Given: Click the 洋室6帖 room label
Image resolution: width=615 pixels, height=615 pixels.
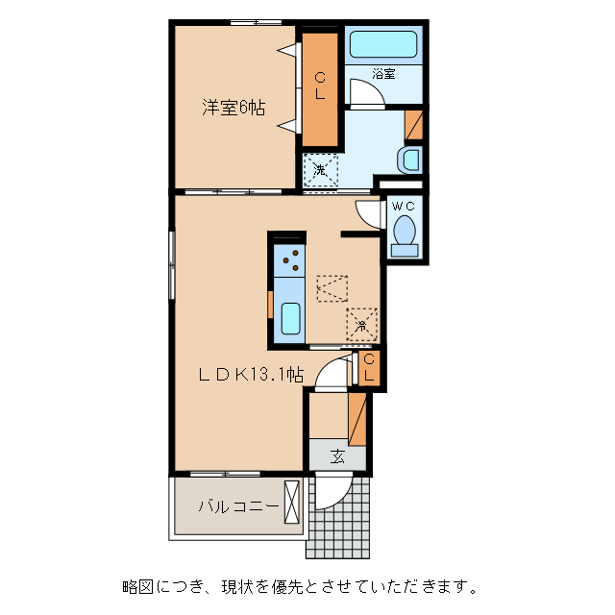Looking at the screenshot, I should tap(233, 109).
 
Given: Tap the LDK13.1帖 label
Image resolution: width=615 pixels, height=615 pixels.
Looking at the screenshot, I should tap(251, 375).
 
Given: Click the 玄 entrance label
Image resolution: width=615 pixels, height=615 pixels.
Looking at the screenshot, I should tap(337, 456).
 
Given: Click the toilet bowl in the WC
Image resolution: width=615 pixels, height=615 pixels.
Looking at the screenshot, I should tap(405, 232).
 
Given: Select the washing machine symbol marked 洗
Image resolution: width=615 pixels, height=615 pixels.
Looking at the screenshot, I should tap(321, 170).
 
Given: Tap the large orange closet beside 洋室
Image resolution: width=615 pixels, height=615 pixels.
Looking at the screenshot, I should tap(321, 86).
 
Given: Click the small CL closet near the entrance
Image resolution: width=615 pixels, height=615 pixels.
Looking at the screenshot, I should tap(369, 368).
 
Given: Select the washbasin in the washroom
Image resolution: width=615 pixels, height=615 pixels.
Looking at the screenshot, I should tap(410, 159).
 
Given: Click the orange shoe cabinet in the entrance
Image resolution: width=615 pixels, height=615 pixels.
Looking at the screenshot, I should tap(357, 419).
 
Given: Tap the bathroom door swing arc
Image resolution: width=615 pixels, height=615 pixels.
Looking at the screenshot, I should tap(365, 93).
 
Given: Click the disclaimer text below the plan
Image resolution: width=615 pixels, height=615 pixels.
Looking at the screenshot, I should tap(297, 585).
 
